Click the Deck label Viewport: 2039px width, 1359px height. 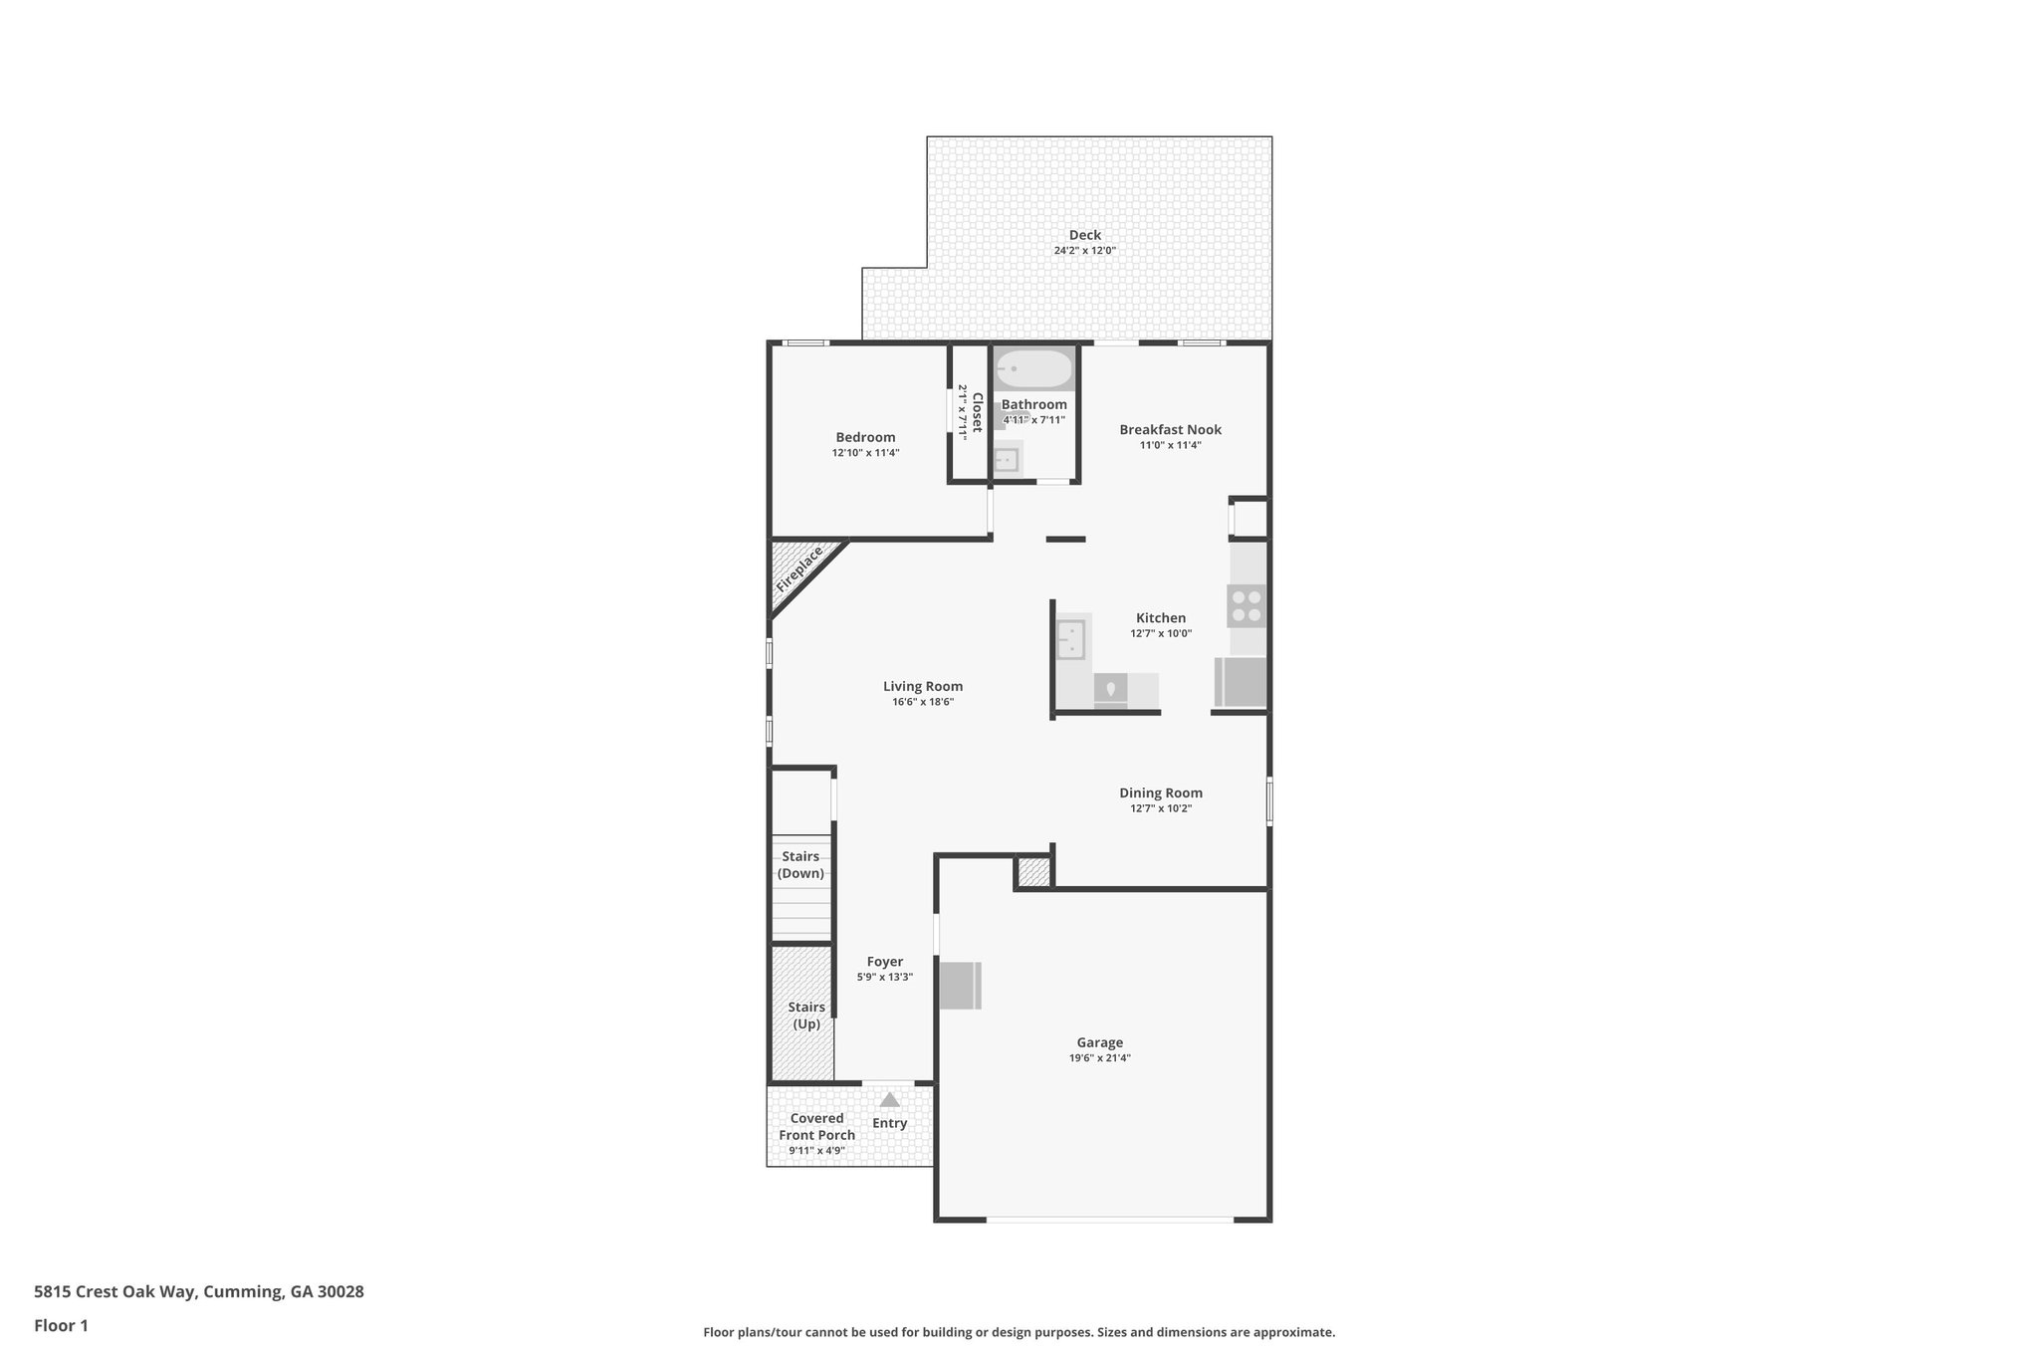pyautogui.click(x=1084, y=235)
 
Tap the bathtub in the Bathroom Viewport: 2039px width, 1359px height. pyautogui.click(x=1033, y=370)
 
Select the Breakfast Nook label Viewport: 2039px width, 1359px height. pyautogui.click(x=1170, y=430)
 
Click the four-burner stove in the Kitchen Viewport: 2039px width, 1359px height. pyautogui.click(x=1246, y=605)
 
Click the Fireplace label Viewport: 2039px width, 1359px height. pyautogui.click(x=799, y=569)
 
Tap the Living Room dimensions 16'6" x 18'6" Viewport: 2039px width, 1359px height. pyautogui.click(x=923, y=702)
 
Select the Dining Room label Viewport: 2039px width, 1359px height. pyautogui.click(x=1160, y=793)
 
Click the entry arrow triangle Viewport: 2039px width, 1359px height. pyautogui.click(x=889, y=1100)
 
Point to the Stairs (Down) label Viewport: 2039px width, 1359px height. pyautogui.click(x=800, y=865)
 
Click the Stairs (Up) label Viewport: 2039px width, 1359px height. pyautogui.click(x=806, y=1016)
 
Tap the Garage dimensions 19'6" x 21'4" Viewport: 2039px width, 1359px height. pyautogui.click(x=1099, y=1058)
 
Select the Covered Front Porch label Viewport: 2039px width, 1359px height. pyautogui.click(x=816, y=1126)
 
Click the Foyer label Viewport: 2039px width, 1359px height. pyautogui.click(x=884, y=962)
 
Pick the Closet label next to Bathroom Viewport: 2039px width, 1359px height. pyautogui.click(x=977, y=411)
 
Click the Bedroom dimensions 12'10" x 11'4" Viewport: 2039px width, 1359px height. pyautogui.click(x=865, y=453)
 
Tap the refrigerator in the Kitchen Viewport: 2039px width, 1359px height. pyautogui.click(x=1241, y=682)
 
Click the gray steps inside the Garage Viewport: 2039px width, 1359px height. pyautogui.click(x=961, y=986)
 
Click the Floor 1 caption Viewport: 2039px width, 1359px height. pyautogui.click(x=61, y=1325)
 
